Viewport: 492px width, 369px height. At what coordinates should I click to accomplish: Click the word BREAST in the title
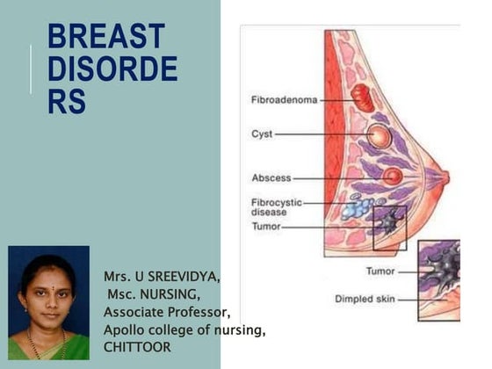(105, 38)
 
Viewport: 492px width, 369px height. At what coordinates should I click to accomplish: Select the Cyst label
(261, 134)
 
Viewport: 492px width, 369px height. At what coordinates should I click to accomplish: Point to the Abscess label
(271, 177)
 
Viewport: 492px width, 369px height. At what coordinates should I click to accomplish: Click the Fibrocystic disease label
(276, 206)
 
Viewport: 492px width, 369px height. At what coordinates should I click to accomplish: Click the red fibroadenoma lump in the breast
(362, 98)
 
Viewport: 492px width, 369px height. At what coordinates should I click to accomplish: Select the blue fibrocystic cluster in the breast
(357, 207)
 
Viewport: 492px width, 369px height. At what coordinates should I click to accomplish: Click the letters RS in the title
(67, 101)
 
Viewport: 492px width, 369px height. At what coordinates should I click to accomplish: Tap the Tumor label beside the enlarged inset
(380, 271)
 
